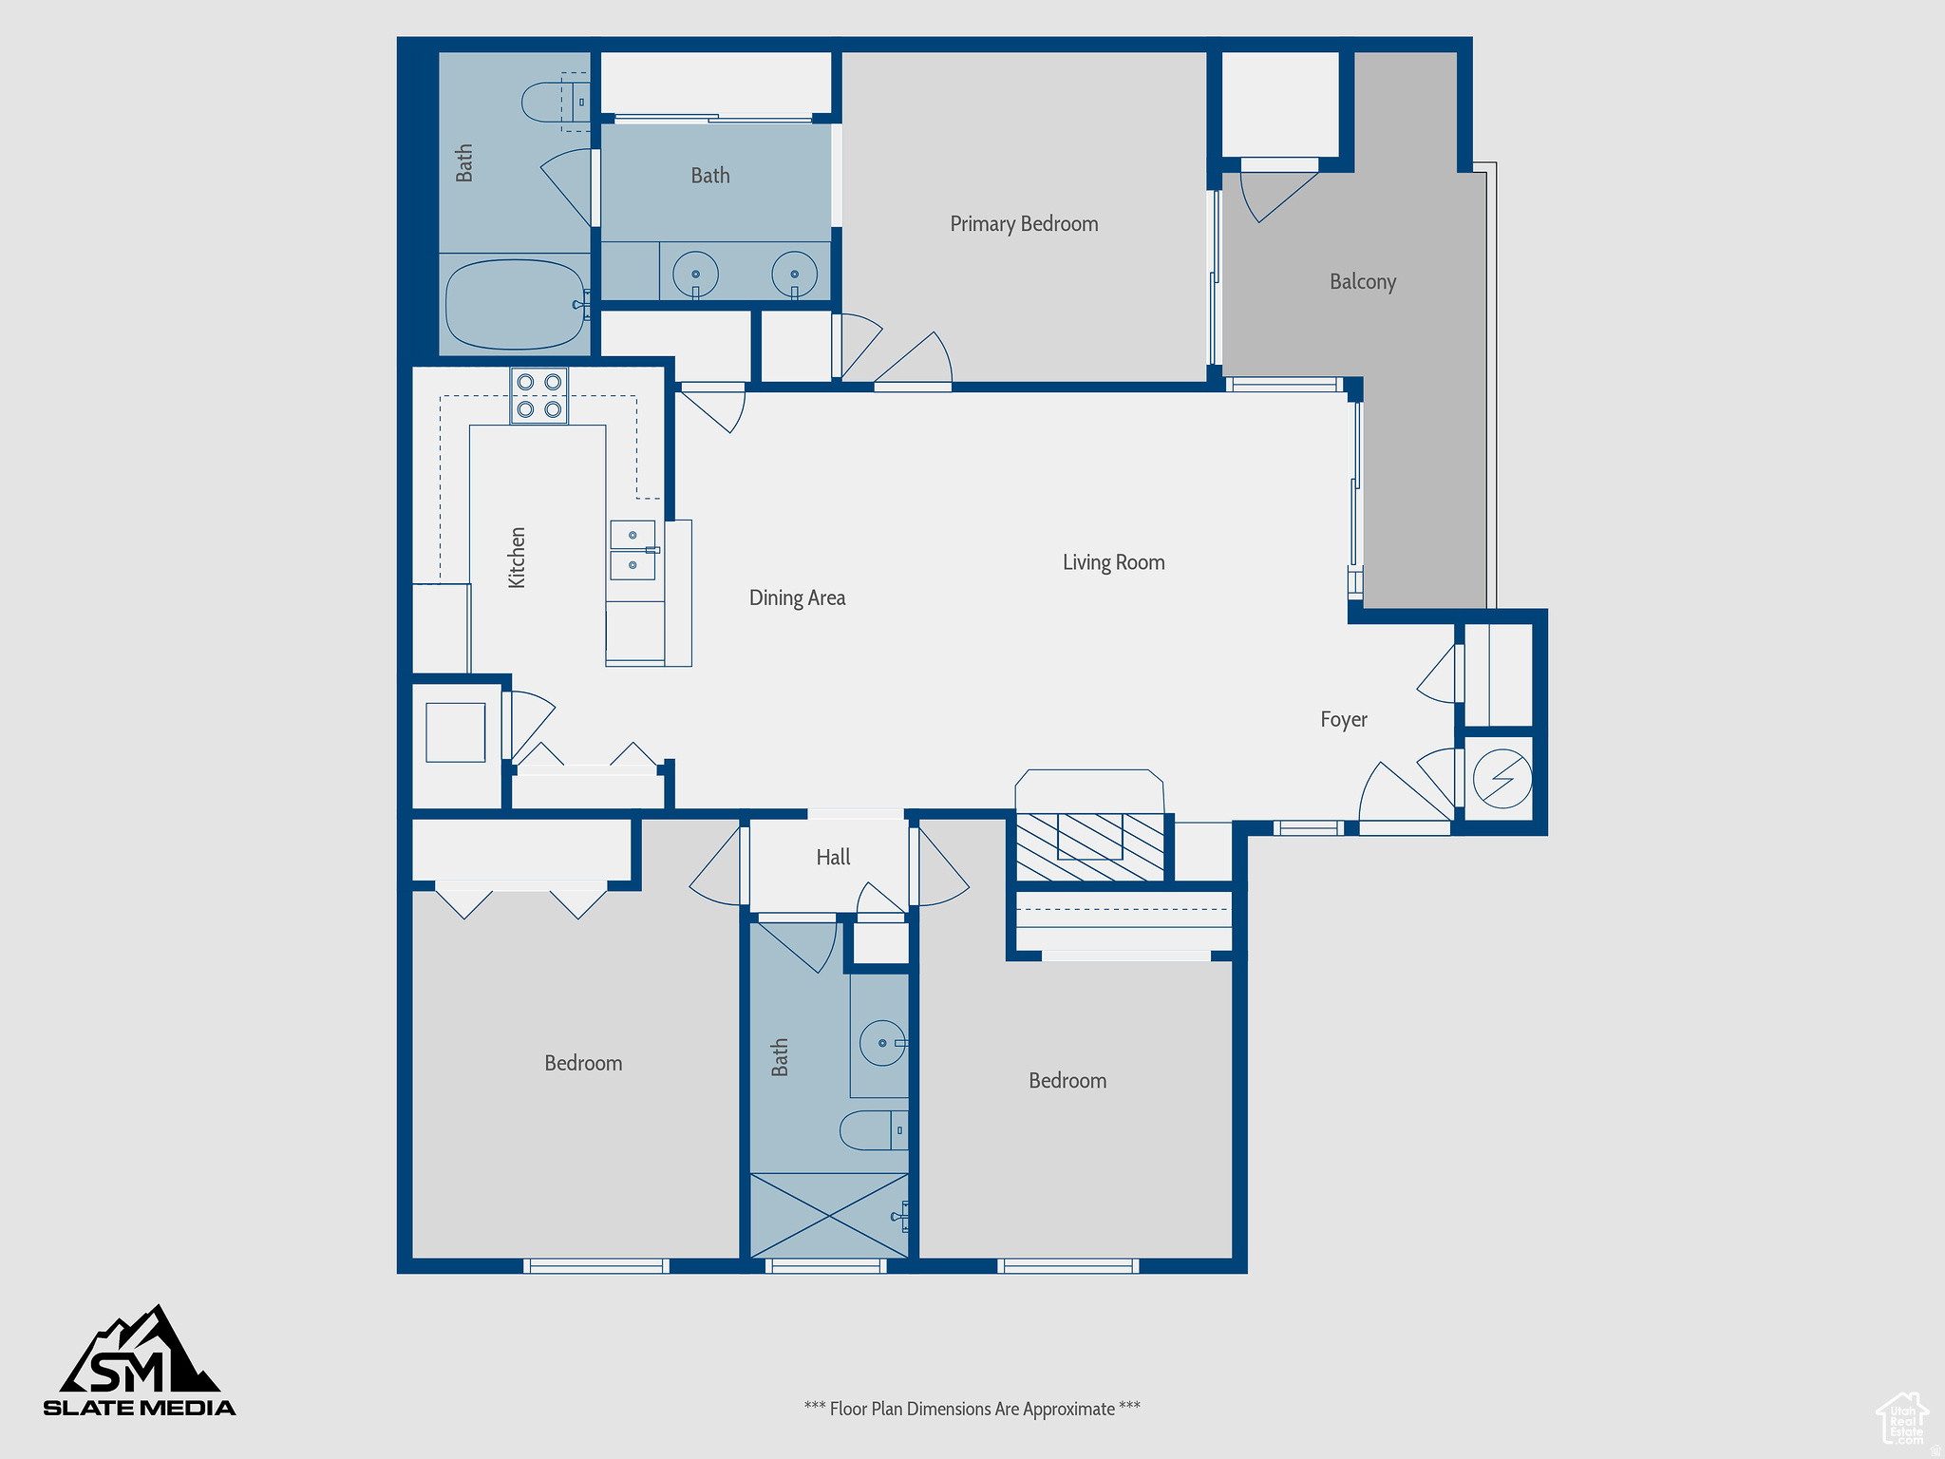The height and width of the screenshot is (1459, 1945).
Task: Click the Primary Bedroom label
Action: (x=1024, y=224)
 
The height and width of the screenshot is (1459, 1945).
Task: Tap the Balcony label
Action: (x=1362, y=282)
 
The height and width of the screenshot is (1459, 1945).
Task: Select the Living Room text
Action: (x=1113, y=562)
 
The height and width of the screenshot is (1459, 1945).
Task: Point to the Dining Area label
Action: (x=797, y=597)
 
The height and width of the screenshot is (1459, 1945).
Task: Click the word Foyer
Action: (x=1343, y=719)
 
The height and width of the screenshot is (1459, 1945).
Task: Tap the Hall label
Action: (x=833, y=857)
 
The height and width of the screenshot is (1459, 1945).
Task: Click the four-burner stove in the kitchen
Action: (x=538, y=395)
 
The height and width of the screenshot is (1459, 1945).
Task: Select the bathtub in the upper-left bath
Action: (x=515, y=305)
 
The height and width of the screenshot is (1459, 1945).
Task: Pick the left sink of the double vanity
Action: (x=695, y=274)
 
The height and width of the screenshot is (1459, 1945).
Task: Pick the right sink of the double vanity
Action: (x=794, y=274)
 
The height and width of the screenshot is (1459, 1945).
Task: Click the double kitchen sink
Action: (x=633, y=550)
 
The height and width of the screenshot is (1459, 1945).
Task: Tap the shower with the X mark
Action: (x=829, y=1216)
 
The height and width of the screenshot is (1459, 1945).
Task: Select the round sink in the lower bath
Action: (x=883, y=1043)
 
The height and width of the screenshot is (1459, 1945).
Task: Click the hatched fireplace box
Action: (x=1090, y=846)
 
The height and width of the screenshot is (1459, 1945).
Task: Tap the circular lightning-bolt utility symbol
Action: (x=1502, y=779)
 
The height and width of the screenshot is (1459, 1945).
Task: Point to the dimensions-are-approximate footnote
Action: (x=972, y=1409)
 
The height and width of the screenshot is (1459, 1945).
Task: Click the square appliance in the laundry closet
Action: (x=455, y=732)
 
